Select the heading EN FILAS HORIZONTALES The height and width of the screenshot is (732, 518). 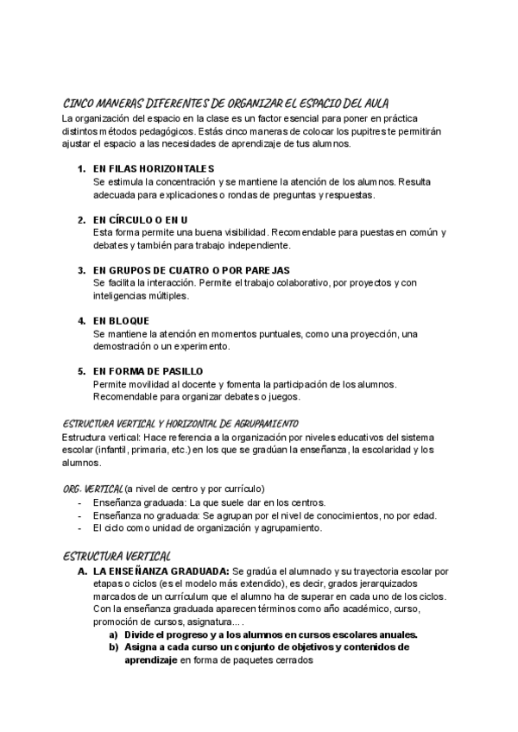tap(154, 167)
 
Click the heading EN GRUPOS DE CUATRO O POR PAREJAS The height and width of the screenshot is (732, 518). tap(192, 269)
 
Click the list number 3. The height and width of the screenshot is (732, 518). tap(81, 269)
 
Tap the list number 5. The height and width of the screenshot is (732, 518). tap(81, 371)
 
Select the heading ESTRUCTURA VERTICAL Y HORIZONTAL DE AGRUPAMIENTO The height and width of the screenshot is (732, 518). tap(180, 424)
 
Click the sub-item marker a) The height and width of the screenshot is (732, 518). tap(113, 634)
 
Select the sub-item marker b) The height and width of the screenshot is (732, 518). tap(113, 647)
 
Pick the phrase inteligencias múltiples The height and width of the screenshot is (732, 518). tap(140, 295)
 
